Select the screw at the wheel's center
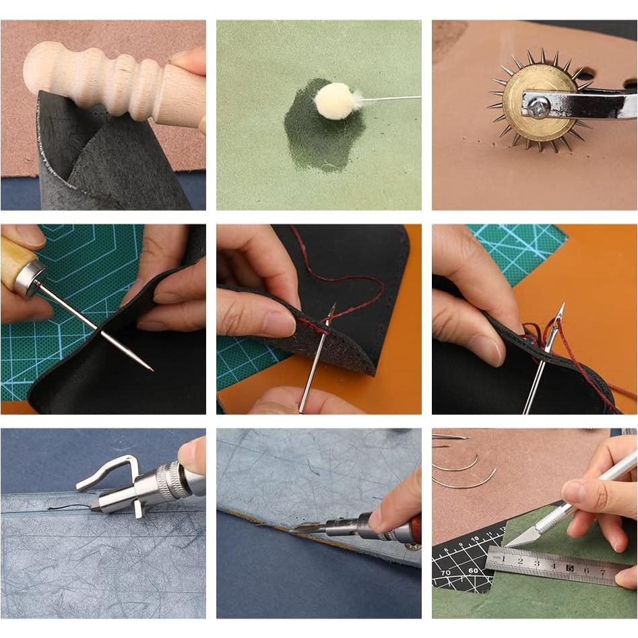pos(538,104)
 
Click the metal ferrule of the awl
pos(30,276)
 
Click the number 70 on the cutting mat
pos(446,573)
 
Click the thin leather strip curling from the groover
pos(67,507)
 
